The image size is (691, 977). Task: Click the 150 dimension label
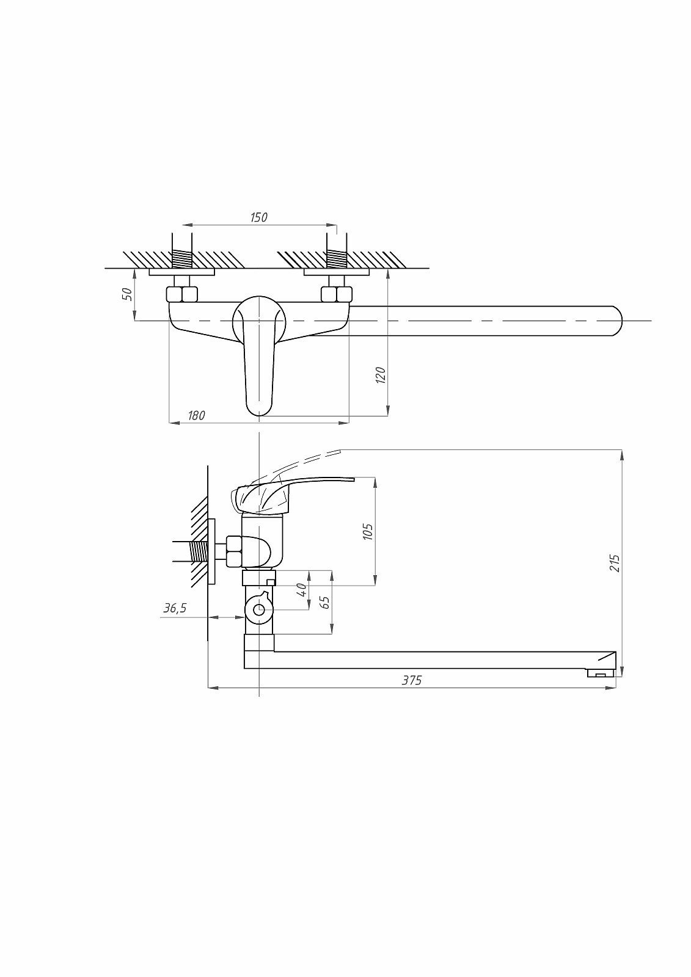pos(259,217)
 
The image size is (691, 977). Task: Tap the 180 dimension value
pos(197,416)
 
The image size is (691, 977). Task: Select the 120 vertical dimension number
pos(381,376)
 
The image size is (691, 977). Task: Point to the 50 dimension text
pos(126,294)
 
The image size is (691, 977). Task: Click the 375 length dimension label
pos(412,680)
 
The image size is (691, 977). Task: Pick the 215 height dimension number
pos(615,564)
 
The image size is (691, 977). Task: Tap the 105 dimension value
pos(368,532)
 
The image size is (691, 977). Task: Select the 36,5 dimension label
pos(175,608)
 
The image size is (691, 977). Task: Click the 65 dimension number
pos(324,602)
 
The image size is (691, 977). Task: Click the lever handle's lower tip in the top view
pos(259,415)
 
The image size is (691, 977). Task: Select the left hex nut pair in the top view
pos(181,294)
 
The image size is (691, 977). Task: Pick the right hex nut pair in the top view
pos(337,294)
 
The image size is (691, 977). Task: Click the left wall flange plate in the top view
pos(181,272)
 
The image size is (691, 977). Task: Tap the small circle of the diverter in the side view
pos(259,610)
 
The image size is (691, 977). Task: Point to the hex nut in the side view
pos(234,552)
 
